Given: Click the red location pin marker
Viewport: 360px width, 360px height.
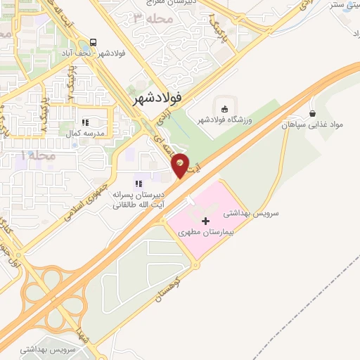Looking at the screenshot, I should pyautogui.click(x=181, y=165).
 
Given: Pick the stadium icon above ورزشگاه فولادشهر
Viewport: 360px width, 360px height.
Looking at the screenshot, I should pyautogui.click(x=224, y=108).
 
